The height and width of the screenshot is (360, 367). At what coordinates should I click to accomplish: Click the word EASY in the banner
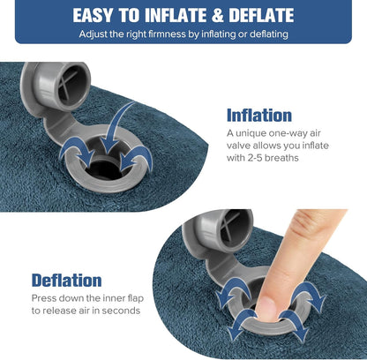point(97,15)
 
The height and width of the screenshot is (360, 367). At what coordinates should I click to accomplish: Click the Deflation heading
point(66,281)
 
